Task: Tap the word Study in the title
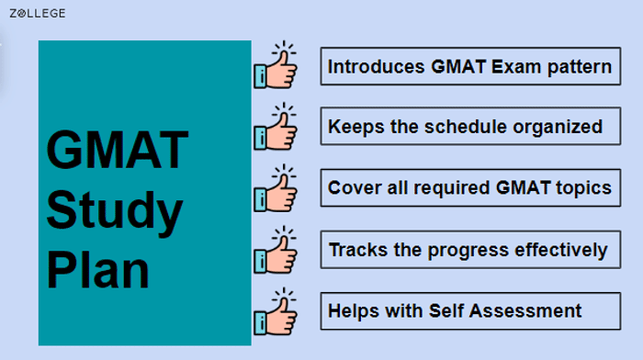click(x=115, y=212)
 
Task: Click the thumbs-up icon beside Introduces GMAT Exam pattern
click(x=276, y=66)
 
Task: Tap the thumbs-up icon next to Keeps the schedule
click(x=276, y=127)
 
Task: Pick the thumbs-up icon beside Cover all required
click(x=276, y=187)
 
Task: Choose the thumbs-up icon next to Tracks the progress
click(x=276, y=249)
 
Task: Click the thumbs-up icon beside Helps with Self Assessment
click(x=276, y=310)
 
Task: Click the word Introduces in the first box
click(x=377, y=66)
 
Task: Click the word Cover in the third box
click(x=352, y=188)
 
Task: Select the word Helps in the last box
click(x=354, y=310)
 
